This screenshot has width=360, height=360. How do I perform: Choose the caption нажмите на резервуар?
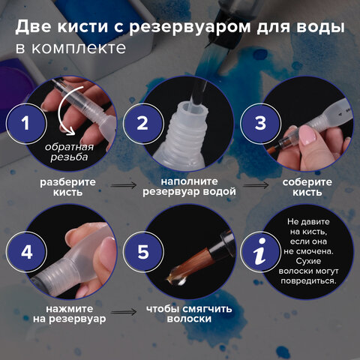[67, 313]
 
